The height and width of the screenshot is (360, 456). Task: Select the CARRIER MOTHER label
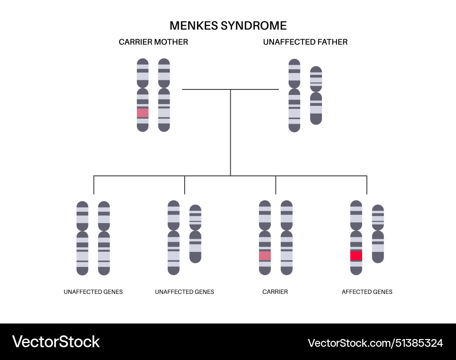click(x=153, y=42)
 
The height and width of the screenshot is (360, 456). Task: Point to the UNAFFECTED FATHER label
click(x=305, y=42)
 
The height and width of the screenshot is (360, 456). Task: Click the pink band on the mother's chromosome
click(x=143, y=113)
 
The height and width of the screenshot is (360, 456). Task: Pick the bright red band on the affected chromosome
click(x=356, y=256)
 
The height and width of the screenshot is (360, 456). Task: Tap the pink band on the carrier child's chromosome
click(x=265, y=256)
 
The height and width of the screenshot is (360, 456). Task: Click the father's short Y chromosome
click(x=316, y=95)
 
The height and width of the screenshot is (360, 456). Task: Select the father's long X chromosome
click(x=295, y=95)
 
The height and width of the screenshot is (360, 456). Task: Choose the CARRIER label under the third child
click(x=275, y=292)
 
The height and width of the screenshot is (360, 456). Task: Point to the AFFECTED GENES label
click(x=367, y=292)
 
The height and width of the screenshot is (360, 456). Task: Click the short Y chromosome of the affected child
click(x=378, y=234)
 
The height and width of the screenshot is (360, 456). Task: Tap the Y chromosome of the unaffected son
click(x=195, y=234)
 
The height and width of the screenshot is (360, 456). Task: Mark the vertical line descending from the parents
click(x=230, y=132)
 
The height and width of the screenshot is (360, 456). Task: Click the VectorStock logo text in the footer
click(x=56, y=342)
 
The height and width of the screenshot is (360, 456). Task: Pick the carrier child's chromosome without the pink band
click(x=286, y=238)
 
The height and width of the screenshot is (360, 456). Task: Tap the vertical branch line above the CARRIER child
click(x=275, y=185)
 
